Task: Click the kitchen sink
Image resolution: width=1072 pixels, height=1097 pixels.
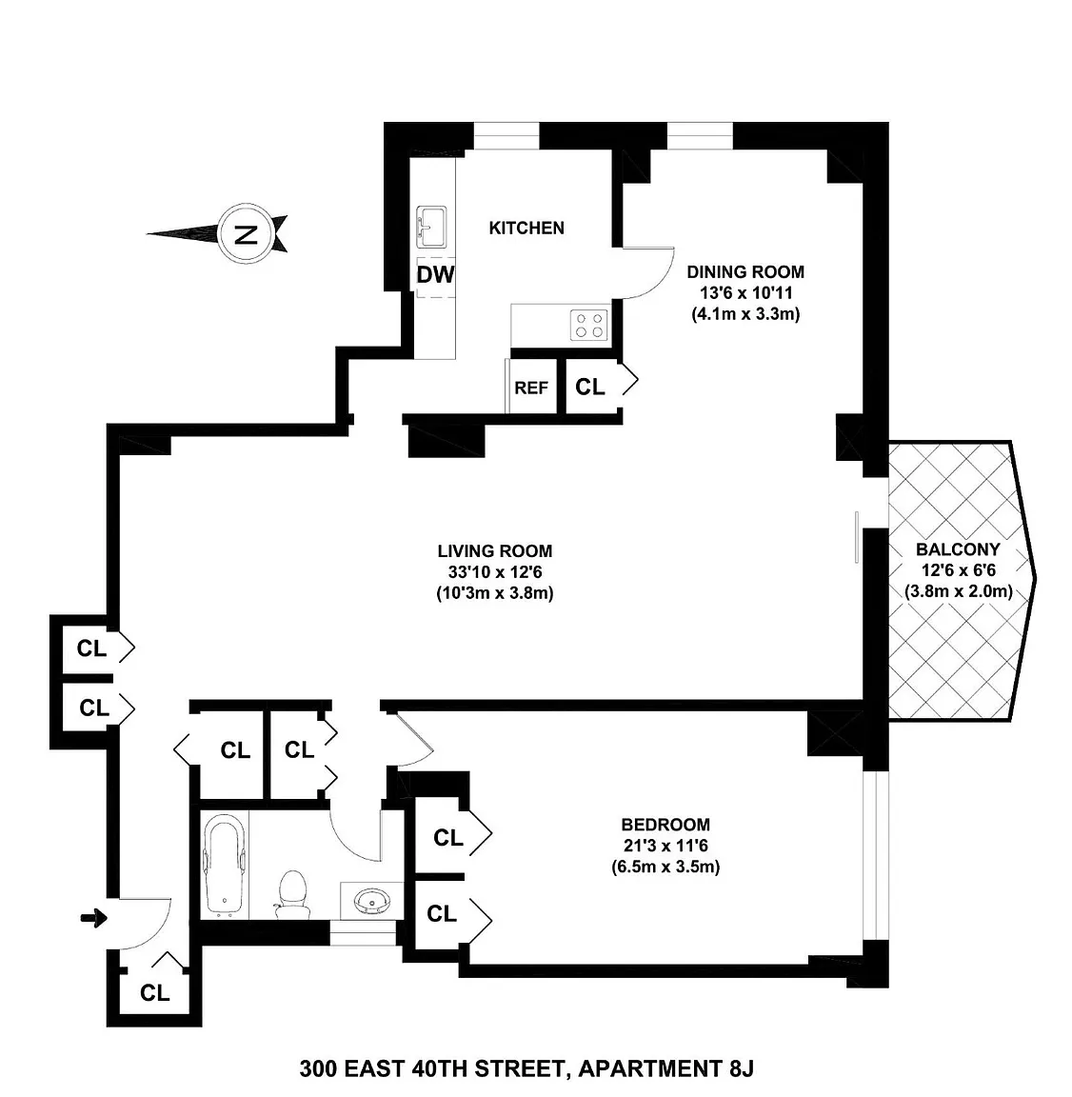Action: click(x=431, y=227)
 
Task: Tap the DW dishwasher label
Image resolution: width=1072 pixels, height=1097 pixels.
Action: click(x=435, y=274)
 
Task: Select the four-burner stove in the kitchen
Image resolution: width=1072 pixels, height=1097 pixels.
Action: click(x=588, y=325)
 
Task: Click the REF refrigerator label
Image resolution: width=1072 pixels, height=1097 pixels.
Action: click(x=531, y=388)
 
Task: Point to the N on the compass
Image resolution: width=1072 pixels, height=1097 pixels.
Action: click(x=245, y=233)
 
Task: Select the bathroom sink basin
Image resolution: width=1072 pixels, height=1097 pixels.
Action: click(x=371, y=901)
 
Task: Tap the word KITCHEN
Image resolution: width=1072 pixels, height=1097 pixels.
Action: click(x=526, y=229)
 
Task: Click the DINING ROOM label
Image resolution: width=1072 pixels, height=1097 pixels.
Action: click(x=745, y=271)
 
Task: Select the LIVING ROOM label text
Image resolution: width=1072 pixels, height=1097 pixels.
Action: click(x=495, y=550)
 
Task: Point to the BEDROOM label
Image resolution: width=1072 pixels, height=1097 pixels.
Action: click(x=665, y=824)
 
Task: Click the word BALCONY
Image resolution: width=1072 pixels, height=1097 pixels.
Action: click(x=958, y=549)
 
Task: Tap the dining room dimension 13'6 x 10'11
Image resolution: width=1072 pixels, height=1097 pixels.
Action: click(x=746, y=292)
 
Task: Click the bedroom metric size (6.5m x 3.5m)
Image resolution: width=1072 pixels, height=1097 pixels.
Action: click(x=665, y=867)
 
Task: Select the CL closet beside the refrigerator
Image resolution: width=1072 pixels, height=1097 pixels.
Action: click(x=590, y=387)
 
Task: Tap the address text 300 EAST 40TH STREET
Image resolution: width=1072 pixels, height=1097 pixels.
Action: click(x=432, y=1069)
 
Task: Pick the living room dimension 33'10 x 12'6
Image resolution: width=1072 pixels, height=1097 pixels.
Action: click(x=495, y=571)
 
